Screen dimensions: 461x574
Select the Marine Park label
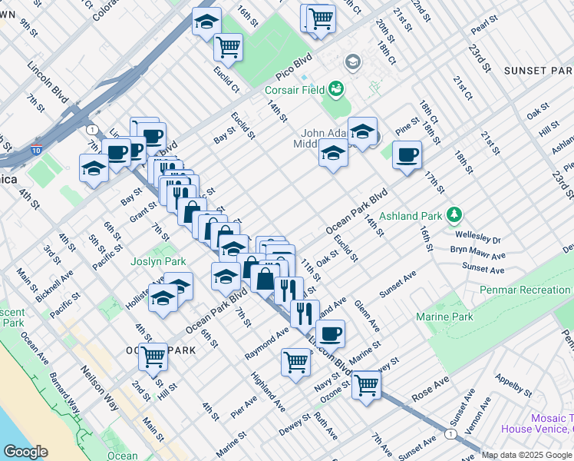444,317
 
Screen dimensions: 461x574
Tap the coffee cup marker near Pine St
407,155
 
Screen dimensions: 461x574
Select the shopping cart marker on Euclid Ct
228,48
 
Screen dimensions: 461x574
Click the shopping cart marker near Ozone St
367,383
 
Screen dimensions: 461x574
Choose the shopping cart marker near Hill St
153,357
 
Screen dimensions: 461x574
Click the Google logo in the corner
25,452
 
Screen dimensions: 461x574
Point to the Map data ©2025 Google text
526,455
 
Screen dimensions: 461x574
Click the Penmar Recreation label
526,290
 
